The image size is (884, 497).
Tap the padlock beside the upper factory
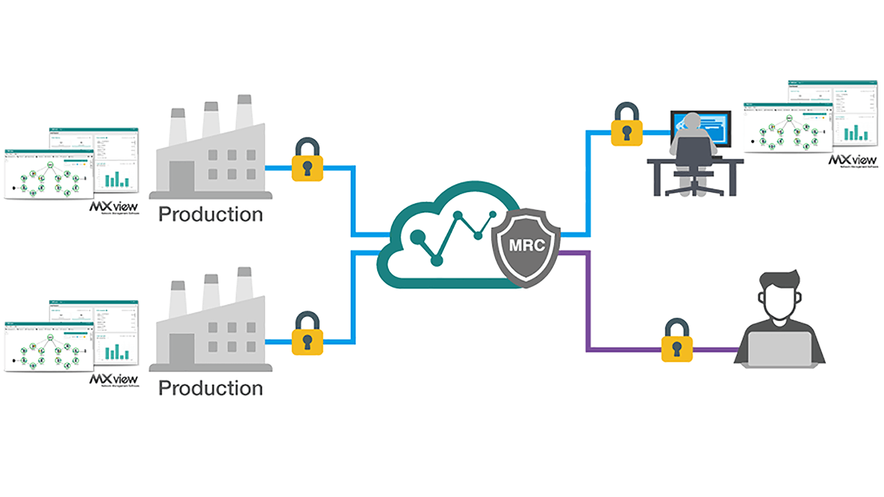click(x=307, y=162)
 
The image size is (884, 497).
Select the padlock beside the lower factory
click(x=307, y=335)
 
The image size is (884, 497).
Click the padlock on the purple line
click(x=677, y=342)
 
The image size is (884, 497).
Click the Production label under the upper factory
click(x=211, y=215)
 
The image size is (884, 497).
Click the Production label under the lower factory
click(x=211, y=389)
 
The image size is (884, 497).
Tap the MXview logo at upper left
click(x=114, y=207)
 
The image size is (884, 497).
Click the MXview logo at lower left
click(x=114, y=380)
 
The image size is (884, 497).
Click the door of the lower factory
click(x=182, y=353)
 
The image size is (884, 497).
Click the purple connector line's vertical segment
click(x=587, y=304)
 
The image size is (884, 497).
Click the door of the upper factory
click(x=182, y=179)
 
